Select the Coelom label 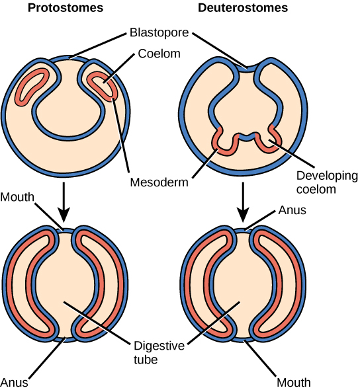159,54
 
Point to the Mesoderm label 158,180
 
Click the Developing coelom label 326,182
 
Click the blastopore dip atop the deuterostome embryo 247,65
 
